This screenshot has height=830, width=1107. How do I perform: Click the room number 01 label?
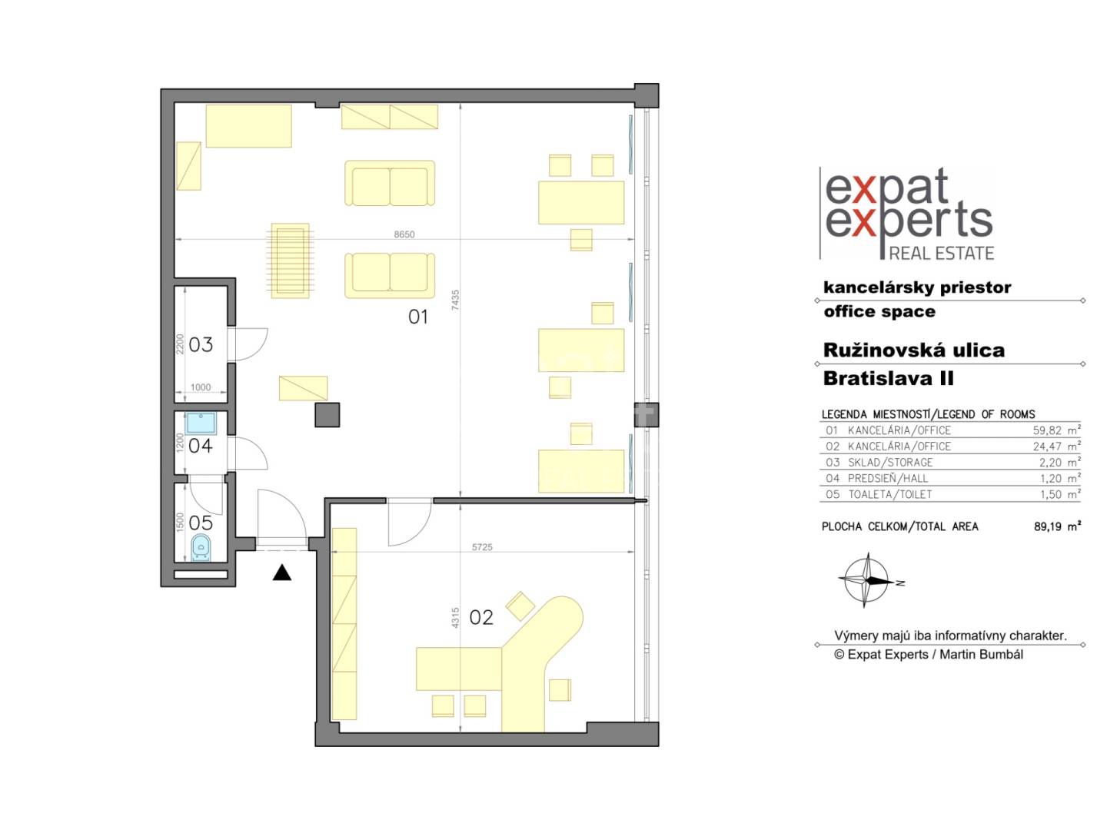click(417, 317)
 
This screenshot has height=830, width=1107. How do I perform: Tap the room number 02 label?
click(480, 617)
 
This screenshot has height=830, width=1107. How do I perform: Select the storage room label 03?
click(201, 345)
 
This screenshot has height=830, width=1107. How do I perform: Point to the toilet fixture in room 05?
click(201, 547)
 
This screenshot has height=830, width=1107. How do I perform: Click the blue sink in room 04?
click(201, 423)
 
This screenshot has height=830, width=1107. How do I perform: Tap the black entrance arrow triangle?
click(281, 573)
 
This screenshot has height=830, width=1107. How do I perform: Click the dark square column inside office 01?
click(327, 415)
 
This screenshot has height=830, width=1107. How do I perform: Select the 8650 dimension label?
click(404, 234)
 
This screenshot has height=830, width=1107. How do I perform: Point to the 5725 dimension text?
click(482, 546)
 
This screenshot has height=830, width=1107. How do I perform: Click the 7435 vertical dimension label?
click(455, 300)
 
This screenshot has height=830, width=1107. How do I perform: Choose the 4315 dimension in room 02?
click(455, 617)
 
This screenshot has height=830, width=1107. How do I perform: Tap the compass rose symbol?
click(867, 580)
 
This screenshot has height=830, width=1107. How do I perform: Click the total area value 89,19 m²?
click(1057, 526)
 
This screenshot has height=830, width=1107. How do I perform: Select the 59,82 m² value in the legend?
click(1056, 430)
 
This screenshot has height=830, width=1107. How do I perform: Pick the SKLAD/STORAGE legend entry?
click(890, 463)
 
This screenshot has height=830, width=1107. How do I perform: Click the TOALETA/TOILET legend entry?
click(890, 495)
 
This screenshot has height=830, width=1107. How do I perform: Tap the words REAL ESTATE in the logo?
click(941, 253)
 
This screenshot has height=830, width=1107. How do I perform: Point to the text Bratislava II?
click(888, 378)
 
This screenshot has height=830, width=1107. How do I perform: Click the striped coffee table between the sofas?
click(290, 261)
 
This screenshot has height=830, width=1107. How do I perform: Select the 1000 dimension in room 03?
click(201, 387)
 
